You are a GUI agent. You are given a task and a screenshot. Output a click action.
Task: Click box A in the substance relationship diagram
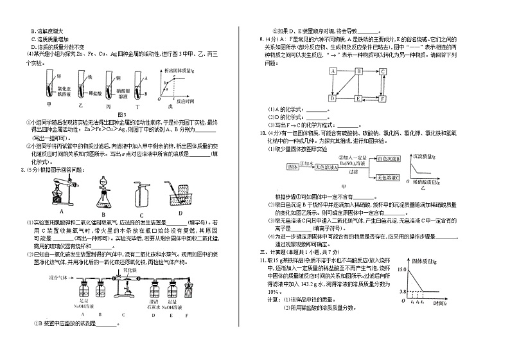[333, 71]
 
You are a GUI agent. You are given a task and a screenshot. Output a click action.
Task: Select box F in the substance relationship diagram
[382, 99]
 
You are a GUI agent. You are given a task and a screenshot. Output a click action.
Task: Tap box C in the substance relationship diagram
[382, 71]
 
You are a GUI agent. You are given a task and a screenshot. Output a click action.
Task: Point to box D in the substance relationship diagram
[332, 99]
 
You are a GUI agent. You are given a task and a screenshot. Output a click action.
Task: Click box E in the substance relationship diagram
[357, 99]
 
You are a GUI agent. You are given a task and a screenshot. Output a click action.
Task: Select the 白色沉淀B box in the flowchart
[389, 157]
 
